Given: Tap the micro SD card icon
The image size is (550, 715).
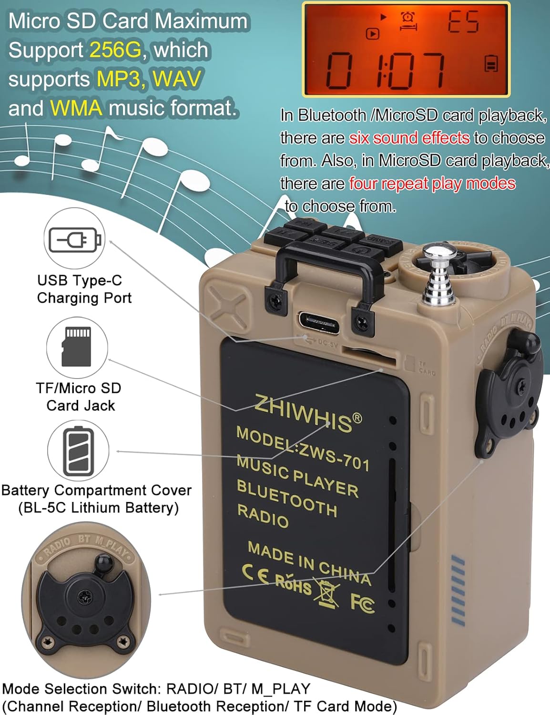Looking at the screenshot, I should tap(76, 347).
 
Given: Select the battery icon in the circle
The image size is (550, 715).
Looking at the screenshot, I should tap(79, 451).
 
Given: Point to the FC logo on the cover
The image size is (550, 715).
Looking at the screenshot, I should tap(362, 603).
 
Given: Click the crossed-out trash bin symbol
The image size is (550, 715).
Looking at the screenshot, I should tap(328, 593).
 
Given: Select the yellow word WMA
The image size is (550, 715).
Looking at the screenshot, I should tap(76, 108).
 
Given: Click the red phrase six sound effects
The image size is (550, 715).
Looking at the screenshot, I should tap(409, 138).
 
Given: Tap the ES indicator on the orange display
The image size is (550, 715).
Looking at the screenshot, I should tap(463, 22).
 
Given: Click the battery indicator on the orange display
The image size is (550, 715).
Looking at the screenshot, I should tap(491, 63).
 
